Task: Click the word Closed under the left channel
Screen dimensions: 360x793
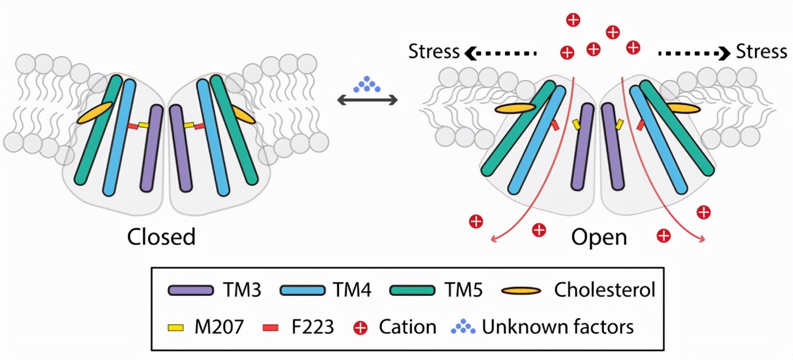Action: pos(161,237)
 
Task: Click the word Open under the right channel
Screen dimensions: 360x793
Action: pos(599,237)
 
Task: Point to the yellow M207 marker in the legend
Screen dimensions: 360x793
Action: pos(177,326)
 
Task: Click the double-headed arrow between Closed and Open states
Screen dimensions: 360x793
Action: pos(367,101)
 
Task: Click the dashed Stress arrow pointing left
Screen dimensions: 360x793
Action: pos(500,53)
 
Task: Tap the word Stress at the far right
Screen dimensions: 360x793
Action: pos(761,52)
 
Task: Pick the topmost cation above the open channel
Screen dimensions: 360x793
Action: pos(573,20)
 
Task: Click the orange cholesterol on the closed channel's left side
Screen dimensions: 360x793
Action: pos(94,112)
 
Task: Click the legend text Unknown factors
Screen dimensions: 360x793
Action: pos(557,326)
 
